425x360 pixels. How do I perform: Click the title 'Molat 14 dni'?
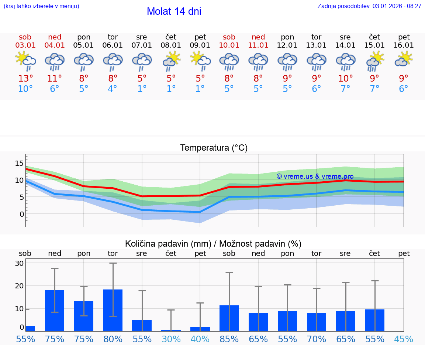[x=174, y=11]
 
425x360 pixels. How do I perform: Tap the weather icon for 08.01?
[x=171, y=61]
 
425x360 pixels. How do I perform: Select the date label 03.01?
[x=25, y=45]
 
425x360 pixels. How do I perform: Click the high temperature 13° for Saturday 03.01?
[x=25, y=79]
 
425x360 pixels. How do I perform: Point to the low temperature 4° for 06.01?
[x=113, y=89]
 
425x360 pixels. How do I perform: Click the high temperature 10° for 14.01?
[x=345, y=79]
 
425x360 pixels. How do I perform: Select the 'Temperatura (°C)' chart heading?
[x=214, y=148]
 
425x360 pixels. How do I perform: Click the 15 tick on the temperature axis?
[x=19, y=163]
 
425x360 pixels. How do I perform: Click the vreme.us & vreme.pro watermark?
[x=315, y=176]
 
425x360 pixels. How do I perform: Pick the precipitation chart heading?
[x=213, y=244]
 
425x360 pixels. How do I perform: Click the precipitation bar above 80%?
[x=113, y=310]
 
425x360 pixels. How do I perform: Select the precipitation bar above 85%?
[x=229, y=318]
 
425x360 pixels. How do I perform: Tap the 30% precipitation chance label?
[x=171, y=339]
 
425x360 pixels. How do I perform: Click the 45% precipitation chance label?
[x=404, y=339]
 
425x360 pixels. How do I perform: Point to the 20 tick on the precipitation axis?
[x=19, y=286]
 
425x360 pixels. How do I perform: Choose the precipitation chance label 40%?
[x=200, y=339]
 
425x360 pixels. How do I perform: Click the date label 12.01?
[x=287, y=45]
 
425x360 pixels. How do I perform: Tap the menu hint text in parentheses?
[x=41, y=6]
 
